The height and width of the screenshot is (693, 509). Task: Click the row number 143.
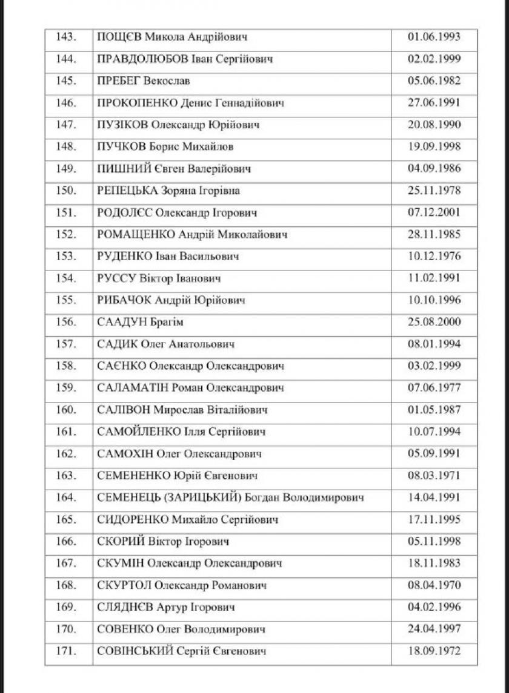(x=66, y=37)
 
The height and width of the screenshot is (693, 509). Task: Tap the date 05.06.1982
(x=434, y=81)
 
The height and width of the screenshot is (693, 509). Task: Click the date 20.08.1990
(x=434, y=125)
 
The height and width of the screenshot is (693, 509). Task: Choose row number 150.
(x=66, y=191)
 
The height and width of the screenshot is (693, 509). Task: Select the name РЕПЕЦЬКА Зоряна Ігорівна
(x=168, y=191)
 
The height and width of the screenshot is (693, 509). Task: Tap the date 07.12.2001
(x=434, y=212)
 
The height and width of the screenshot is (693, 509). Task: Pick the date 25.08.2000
(x=434, y=322)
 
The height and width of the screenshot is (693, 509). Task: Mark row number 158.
(x=66, y=366)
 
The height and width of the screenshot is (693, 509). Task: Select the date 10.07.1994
(x=434, y=432)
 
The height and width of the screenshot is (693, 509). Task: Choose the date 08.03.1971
(x=434, y=476)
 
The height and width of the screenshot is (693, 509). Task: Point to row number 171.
(x=66, y=651)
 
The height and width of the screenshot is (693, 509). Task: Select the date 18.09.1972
(x=434, y=651)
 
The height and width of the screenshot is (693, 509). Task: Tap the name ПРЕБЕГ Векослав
(x=140, y=81)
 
